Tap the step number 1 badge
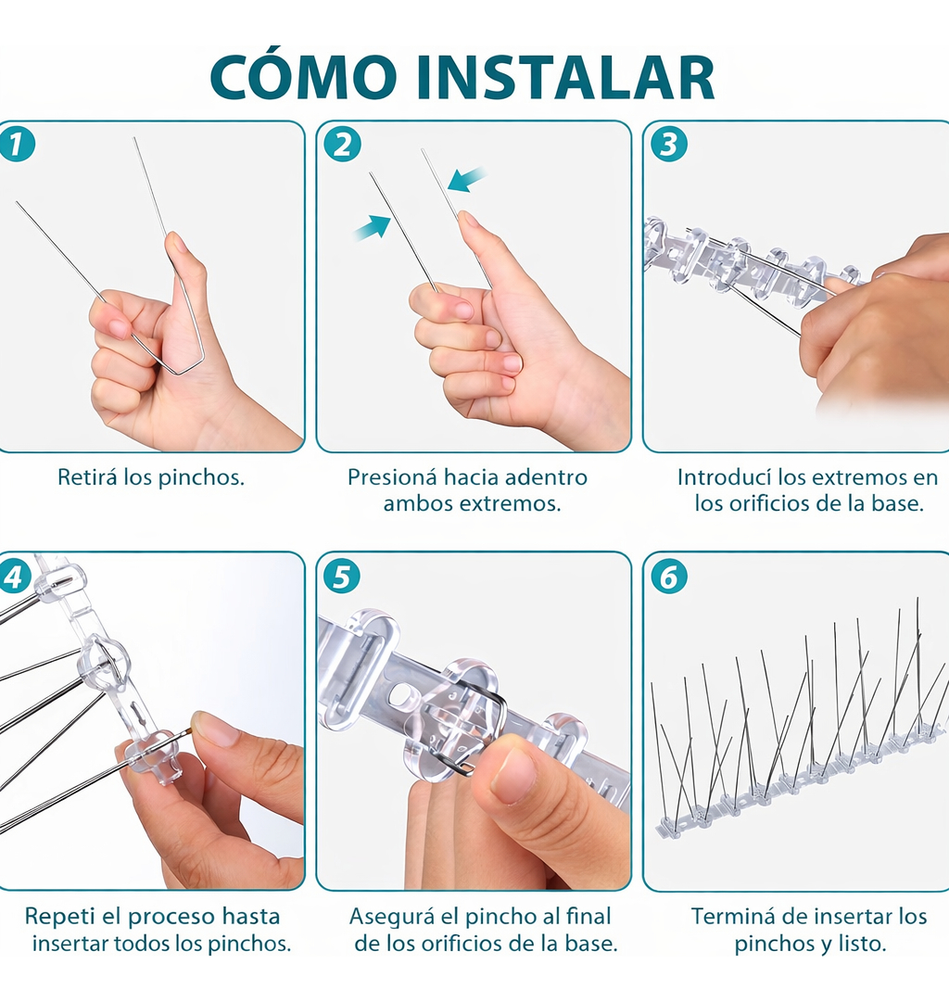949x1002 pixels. point(17,144)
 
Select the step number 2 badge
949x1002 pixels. point(343,144)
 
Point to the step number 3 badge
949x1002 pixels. point(669,144)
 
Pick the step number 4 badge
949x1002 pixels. point(15,577)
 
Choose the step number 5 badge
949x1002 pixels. point(343,577)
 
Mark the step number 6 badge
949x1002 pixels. point(669,577)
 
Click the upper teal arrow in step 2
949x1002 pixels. point(466,179)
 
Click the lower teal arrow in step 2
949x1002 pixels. point(372,227)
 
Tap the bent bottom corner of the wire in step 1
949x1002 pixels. point(177,373)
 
